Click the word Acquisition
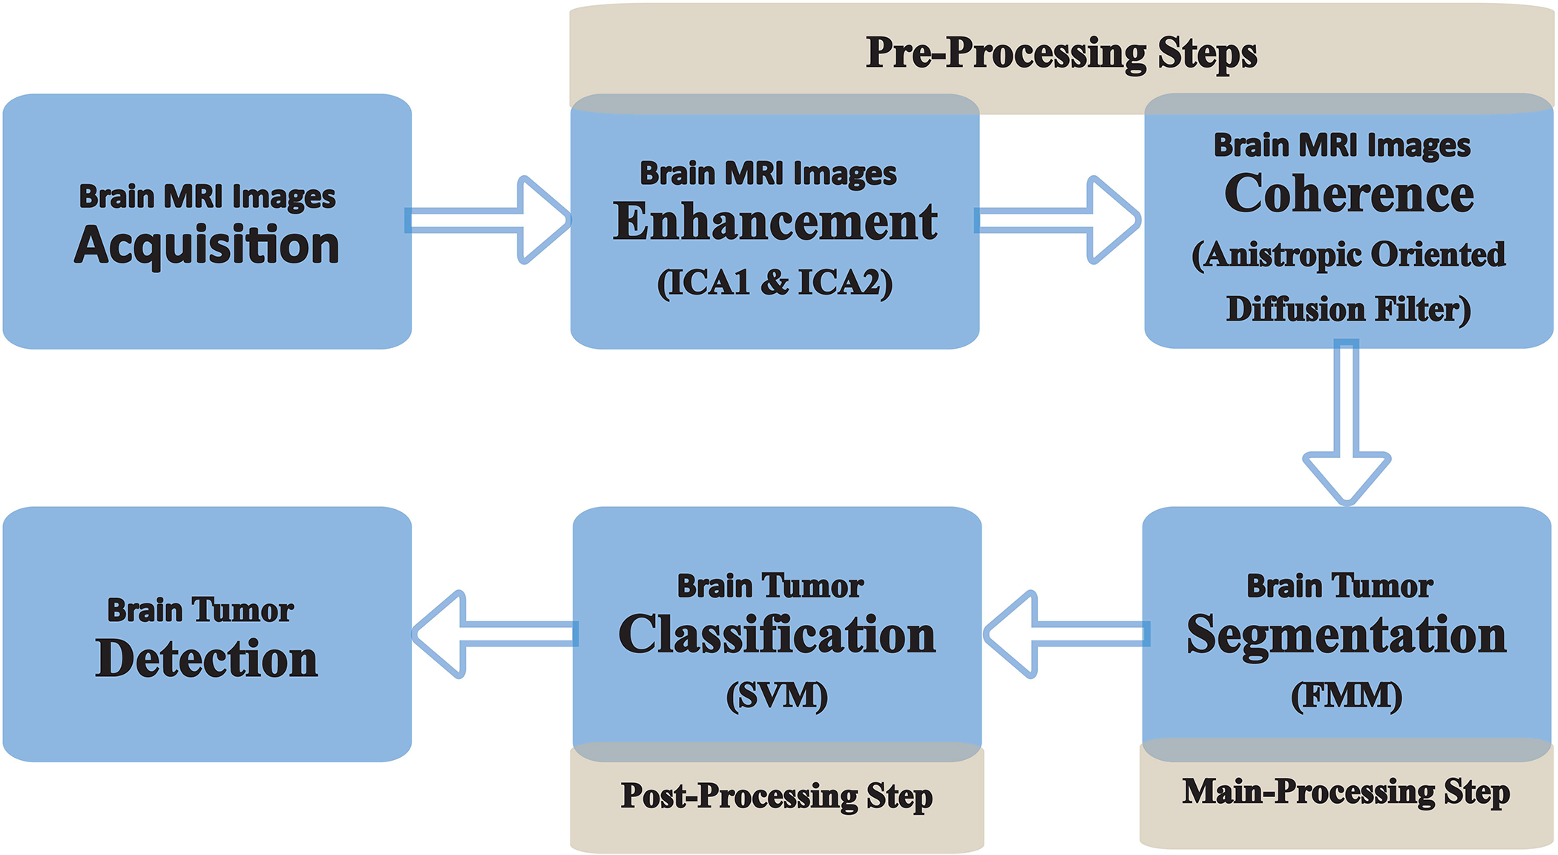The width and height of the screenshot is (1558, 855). [207, 245]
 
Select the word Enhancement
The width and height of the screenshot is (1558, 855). [775, 222]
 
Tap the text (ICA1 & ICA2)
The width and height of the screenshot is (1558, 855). [775, 283]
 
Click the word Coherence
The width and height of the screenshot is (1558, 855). [1349, 194]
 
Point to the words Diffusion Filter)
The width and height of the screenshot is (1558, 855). [1349, 309]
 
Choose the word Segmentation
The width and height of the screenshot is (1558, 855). [1347, 636]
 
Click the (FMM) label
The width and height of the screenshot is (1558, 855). [1347, 696]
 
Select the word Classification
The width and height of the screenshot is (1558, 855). [777, 636]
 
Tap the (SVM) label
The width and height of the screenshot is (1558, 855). [777, 696]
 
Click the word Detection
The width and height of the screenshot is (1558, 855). [207, 659]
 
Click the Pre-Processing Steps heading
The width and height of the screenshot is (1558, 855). [1062, 53]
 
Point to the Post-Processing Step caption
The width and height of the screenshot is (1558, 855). [777, 797]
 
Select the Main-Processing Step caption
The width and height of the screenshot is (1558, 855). [1346, 793]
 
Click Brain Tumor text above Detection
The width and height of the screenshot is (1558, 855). [200, 611]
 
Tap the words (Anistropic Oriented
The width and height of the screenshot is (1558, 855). [1349, 255]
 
